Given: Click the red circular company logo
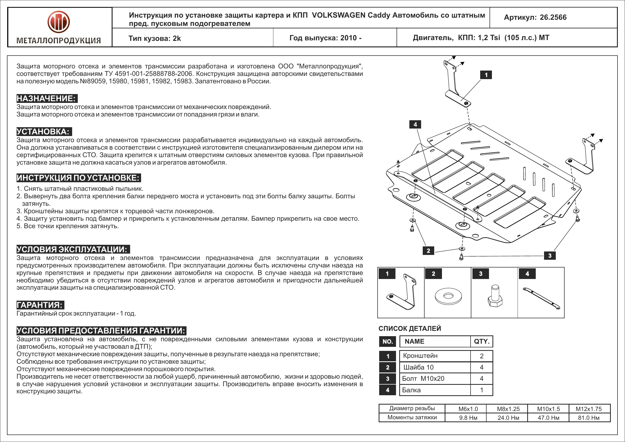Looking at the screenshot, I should click(59, 22).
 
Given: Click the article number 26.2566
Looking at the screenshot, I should click(553, 17).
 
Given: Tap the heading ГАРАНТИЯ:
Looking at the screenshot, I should click(40, 305).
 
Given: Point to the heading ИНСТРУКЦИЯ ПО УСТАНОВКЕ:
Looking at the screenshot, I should click(78, 178).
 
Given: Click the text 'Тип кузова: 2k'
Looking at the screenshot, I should click(154, 38).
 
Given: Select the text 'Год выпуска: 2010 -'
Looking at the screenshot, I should click(325, 38).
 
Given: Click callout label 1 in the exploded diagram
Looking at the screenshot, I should click(486, 75).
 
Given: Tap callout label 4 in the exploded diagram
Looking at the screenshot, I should click(415, 124).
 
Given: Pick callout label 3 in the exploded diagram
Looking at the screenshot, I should click(550, 255).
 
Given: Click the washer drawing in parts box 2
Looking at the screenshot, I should click(448, 296).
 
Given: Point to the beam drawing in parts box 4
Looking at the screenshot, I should click(541, 298).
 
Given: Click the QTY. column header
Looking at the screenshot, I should click(481, 341).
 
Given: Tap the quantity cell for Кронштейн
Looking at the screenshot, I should click(481, 356).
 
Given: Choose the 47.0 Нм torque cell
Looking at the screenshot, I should click(548, 417).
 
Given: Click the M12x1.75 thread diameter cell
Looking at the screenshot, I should click(588, 409).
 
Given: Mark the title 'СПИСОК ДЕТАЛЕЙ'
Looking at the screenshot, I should click(410, 328).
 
